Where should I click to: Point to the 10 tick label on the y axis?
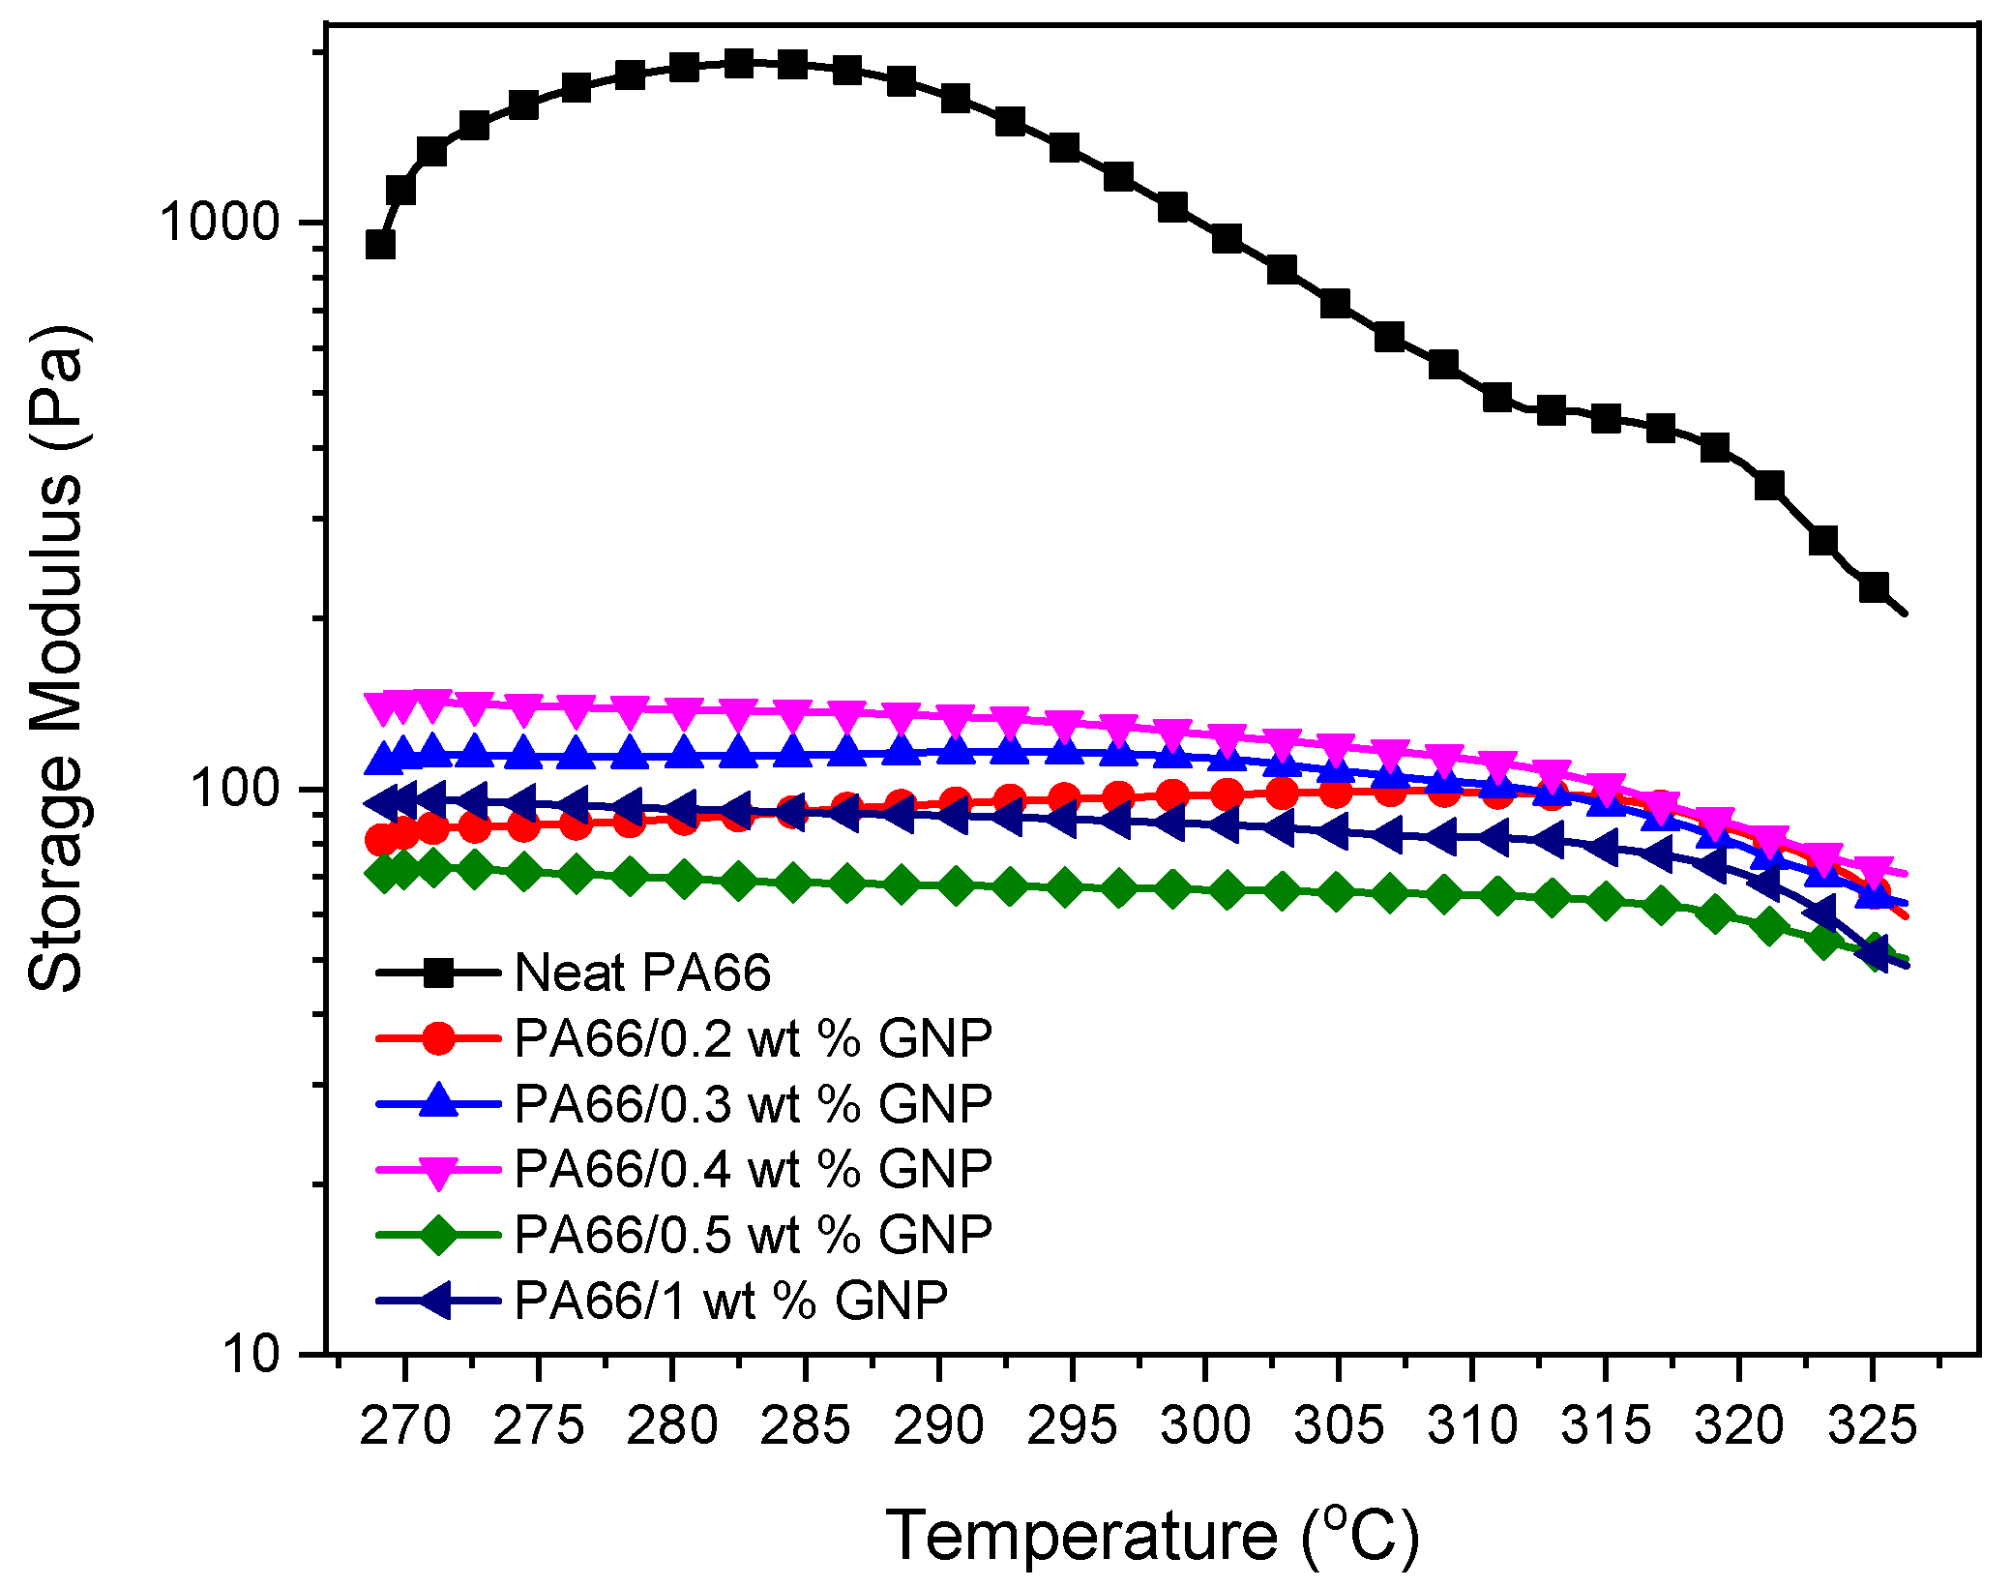[x=253, y=1354]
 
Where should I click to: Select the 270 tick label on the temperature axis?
[x=404, y=1425]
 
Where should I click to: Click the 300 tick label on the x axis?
[x=1205, y=1425]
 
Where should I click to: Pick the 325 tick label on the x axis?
[x=1872, y=1425]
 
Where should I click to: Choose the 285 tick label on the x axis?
[x=805, y=1425]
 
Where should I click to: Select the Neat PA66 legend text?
[x=642, y=973]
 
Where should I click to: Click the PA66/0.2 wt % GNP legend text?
[x=753, y=1038]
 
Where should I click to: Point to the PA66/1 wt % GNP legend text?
[x=730, y=1300]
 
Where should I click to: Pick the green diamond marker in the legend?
[x=438, y=1235]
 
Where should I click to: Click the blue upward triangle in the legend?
[x=438, y=1101]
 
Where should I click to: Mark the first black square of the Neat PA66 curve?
[x=380, y=245]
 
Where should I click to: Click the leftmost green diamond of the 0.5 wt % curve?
[x=383, y=873]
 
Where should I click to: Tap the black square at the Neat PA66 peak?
[x=739, y=64]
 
